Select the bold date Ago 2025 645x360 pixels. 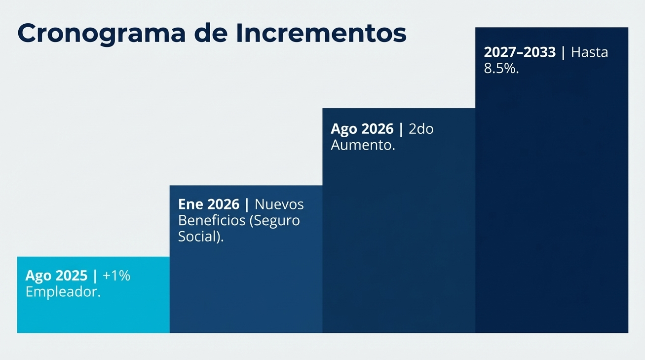(x=56, y=276)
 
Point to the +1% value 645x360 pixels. (x=116, y=276)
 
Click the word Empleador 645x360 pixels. (x=63, y=292)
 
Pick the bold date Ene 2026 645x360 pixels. (x=209, y=204)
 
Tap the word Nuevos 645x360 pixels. (x=279, y=204)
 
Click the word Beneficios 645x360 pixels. (x=212, y=220)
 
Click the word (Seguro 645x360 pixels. (x=275, y=221)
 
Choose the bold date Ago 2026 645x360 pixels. (x=362, y=129)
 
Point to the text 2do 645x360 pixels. (x=421, y=129)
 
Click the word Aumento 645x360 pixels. (x=363, y=146)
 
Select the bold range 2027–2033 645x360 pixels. (x=520, y=52)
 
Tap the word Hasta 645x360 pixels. (x=589, y=52)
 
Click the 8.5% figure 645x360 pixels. (x=501, y=69)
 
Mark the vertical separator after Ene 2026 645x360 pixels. (x=247, y=204)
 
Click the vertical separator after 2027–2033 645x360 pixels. (x=563, y=52)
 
